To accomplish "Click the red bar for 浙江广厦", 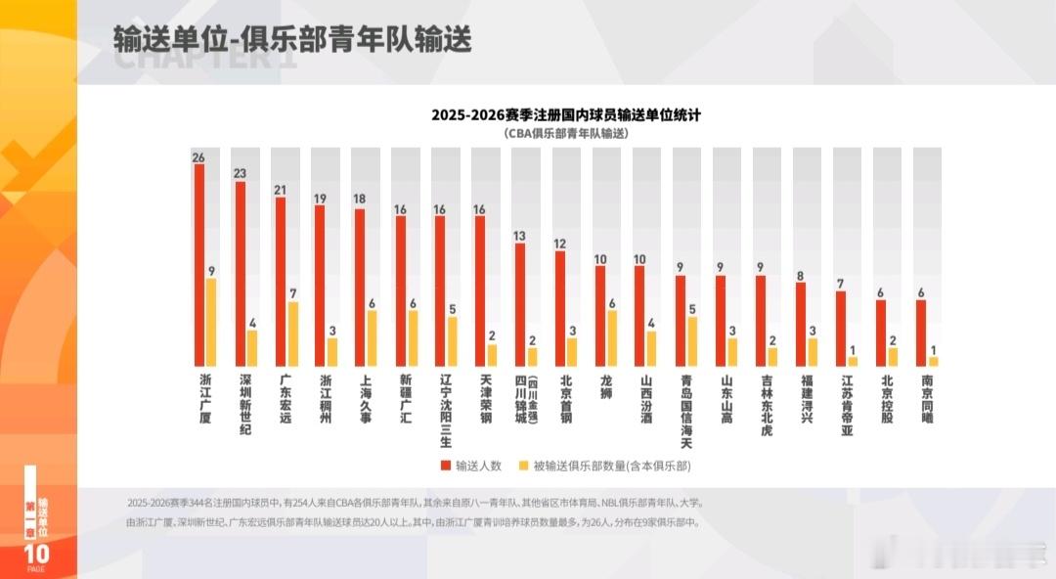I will click(199, 265).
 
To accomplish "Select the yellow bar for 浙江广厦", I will click(211, 323).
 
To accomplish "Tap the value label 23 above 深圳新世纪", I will click(239, 173).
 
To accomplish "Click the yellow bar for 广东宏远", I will click(291, 334).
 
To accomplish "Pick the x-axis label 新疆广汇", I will click(405, 396).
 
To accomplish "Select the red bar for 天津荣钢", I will click(480, 291).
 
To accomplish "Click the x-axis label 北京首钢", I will click(565, 396).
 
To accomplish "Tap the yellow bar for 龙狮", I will click(612, 338).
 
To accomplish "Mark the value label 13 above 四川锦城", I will click(520, 236).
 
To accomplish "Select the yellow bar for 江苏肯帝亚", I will click(853, 362).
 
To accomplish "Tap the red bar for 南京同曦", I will click(921, 334).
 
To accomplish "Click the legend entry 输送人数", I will click(474, 466).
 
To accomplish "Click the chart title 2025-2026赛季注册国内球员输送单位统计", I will click(565, 114).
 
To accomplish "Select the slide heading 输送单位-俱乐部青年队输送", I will click(292, 39).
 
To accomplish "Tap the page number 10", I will click(36, 554).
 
